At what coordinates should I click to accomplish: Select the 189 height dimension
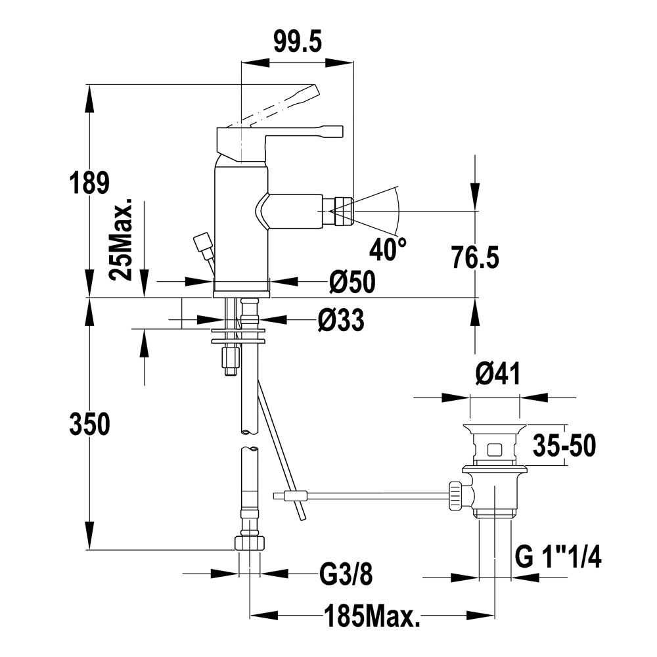click(89, 183)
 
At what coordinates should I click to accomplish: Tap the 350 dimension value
click(89, 425)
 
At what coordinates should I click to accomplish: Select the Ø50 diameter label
click(352, 282)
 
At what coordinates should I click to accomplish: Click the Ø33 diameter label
click(341, 321)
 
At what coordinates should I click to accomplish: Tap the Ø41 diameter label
click(496, 374)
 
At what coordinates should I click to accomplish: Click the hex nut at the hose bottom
click(250, 543)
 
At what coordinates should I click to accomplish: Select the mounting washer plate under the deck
click(238, 341)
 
